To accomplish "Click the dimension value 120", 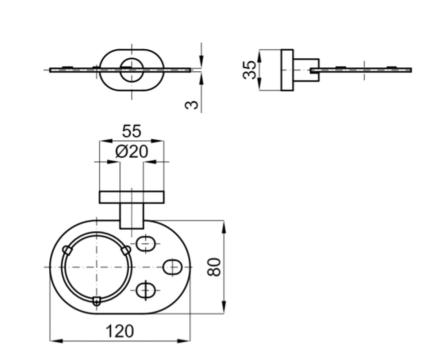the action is click(x=120, y=331).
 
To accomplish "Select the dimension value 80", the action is click(x=214, y=267).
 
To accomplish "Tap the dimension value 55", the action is click(x=132, y=131).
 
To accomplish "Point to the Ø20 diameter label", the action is click(x=132, y=151).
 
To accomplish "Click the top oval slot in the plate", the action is click(x=146, y=244).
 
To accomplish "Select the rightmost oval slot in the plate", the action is click(x=172, y=267).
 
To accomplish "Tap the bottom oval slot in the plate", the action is click(x=146, y=291).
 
